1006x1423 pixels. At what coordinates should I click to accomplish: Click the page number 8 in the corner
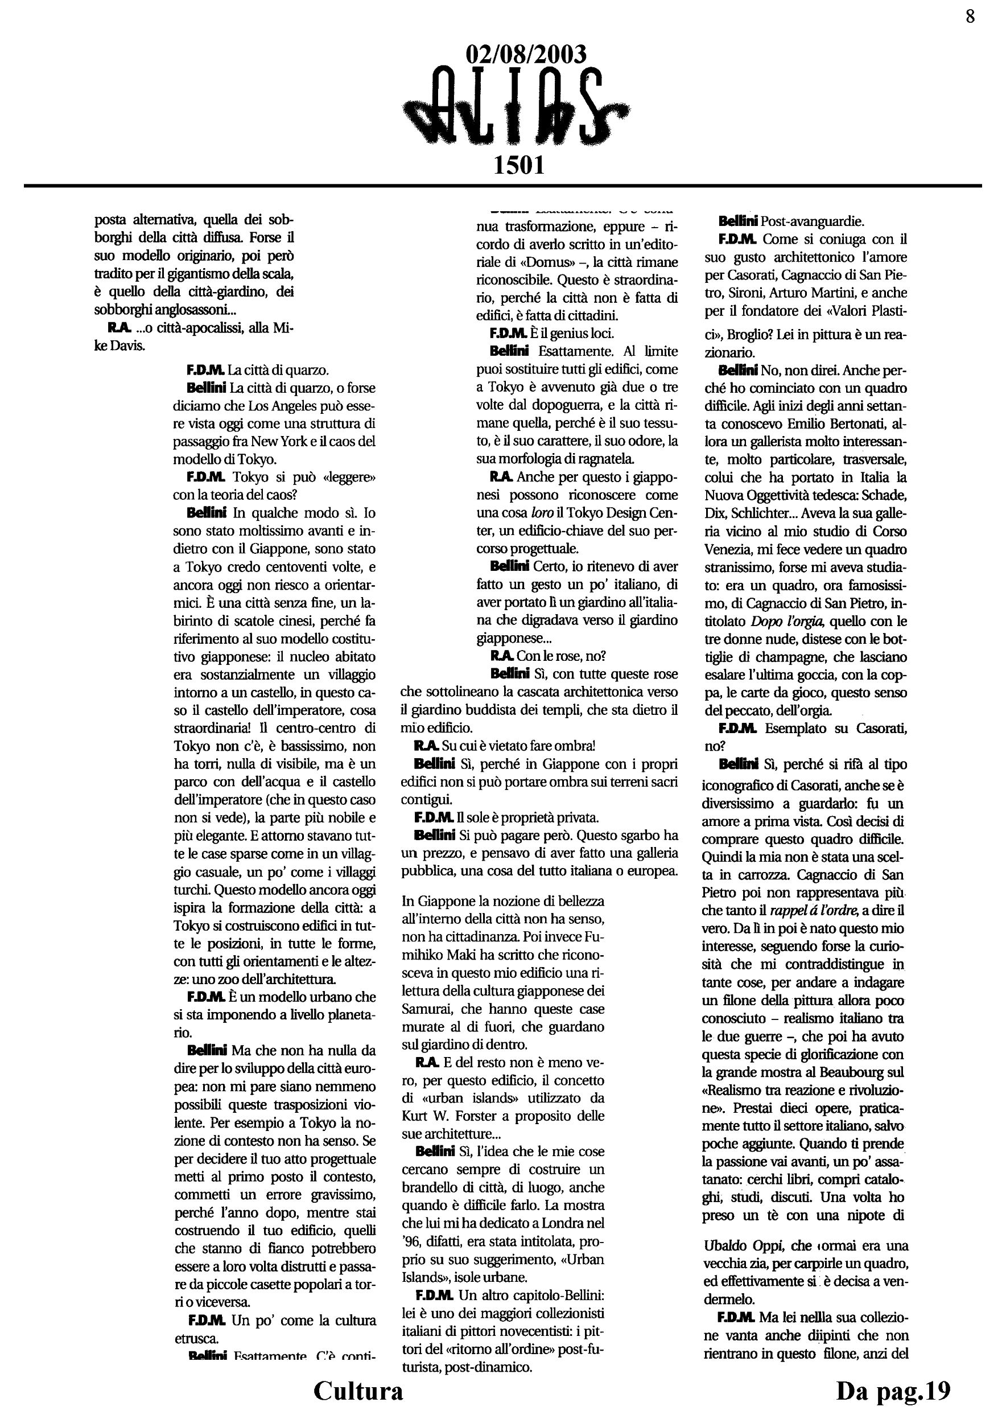(x=970, y=17)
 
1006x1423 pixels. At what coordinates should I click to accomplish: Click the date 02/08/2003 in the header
(x=525, y=55)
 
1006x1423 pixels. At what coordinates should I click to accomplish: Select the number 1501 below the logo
(x=518, y=165)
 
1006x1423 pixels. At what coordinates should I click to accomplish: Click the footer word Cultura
(x=358, y=1391)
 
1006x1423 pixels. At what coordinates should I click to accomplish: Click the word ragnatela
(x=607, y=459)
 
